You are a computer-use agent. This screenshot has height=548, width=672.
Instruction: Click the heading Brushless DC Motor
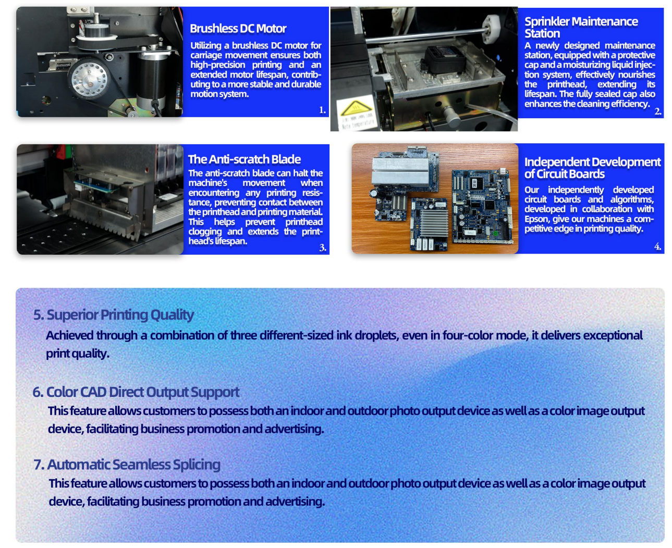coord(238,29)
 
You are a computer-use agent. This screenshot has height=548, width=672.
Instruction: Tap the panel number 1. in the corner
coord(323,110)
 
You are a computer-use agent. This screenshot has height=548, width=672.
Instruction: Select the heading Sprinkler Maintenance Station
coord(581,28)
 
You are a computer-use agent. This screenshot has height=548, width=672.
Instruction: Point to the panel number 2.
coord(658,111)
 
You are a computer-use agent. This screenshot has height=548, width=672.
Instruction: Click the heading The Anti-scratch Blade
coord(244,159)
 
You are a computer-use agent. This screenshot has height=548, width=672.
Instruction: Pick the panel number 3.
coord(323,248)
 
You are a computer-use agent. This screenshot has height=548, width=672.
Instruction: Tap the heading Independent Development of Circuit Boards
coord(592,168)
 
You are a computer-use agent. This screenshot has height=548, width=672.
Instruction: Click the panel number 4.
coord(657,246)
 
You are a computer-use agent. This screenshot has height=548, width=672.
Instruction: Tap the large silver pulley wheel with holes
coord(90,78)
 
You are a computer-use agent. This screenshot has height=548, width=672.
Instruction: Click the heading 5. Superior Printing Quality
coord(114,315)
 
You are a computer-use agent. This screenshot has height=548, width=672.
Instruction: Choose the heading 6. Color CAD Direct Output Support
coord(136,392)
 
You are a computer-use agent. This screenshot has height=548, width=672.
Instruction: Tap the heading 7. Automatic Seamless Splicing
coord(127,465)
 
